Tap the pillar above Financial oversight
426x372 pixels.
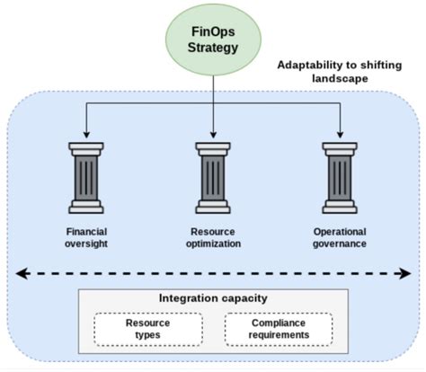(85, 176)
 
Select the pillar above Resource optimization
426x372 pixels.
(212, 176)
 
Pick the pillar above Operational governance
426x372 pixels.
(341, 176)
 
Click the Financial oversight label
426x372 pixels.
(85, 235)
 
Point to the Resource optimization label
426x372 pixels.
(212, 235)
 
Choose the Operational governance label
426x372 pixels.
(341, 235)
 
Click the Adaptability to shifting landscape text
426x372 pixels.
(342, 71)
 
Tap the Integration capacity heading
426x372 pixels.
(212, 297)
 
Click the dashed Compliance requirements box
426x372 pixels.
(278, 328)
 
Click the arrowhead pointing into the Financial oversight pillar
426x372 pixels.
(85, 133)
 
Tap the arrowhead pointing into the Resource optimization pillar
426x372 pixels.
(212, 133)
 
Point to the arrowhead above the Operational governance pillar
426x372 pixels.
(341, 133)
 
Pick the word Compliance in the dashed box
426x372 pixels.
(278, 322)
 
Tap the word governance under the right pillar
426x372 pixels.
(341, 243)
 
